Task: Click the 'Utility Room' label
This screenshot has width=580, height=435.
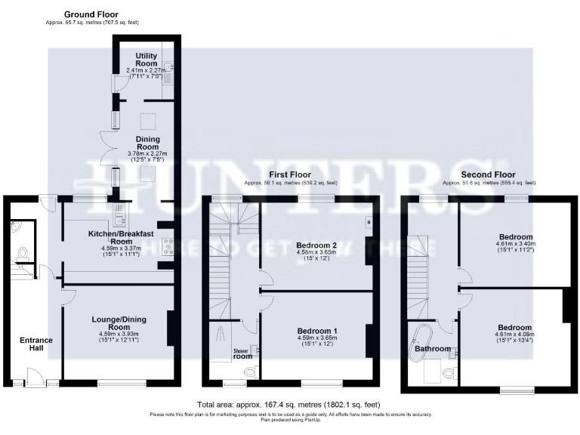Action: [147, 60]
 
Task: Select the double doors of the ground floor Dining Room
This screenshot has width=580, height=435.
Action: [103, 150]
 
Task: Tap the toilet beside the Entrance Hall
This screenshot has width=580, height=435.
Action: [21, 255]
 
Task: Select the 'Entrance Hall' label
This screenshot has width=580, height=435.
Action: [35, 345]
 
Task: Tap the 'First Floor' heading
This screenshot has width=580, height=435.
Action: [291, 174]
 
